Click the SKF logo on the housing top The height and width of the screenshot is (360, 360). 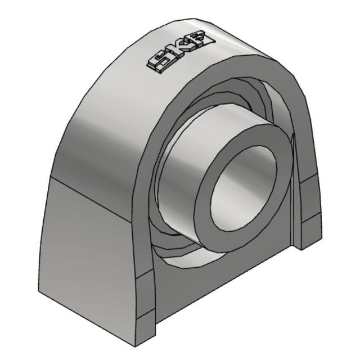(x=181, y=51)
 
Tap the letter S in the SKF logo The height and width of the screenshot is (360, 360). (x=159, y=63)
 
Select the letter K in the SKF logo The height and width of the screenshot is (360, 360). (x=180, y=52)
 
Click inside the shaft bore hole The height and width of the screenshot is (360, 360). (x=245, y=187)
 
